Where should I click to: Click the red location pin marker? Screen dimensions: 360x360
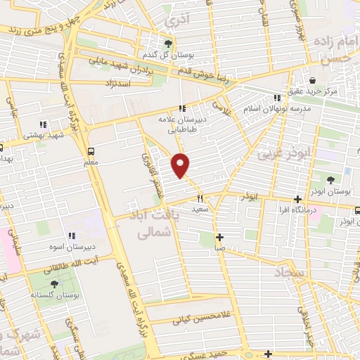click(181, 165)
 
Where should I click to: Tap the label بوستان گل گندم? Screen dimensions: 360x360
click(160, 55)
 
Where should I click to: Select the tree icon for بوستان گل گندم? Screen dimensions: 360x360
click(167, 43)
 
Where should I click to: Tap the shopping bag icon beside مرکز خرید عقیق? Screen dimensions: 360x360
click(311, 80)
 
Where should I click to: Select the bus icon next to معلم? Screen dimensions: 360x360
click(91, 150)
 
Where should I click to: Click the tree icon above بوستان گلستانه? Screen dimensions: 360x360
click(54, 283)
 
